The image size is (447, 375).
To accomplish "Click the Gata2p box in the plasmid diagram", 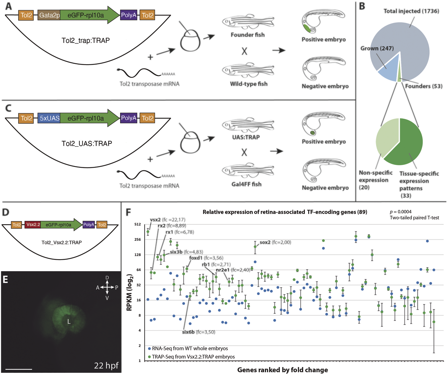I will tap(49, 15).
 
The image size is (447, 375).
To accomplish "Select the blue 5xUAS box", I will tap(49, 118).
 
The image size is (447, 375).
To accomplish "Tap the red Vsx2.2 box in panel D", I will tap(33, 225).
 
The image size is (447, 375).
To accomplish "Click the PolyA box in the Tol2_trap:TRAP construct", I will tap(129, 15).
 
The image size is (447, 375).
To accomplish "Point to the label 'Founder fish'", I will tap(248, 35).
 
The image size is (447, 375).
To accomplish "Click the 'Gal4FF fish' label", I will tap(246, 184).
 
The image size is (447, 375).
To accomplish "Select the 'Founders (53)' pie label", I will tap(423, 86).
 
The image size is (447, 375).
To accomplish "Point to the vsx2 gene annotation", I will tap(155, 220).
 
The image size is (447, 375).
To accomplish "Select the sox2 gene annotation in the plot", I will tap(265, 242).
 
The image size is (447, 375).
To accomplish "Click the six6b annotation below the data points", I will tap(188, 332).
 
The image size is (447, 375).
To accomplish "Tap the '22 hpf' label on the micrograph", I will tap(106, 365).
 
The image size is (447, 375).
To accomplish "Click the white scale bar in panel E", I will tap(19, 369).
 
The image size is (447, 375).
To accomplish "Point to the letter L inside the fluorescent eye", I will tap(69, 322).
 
